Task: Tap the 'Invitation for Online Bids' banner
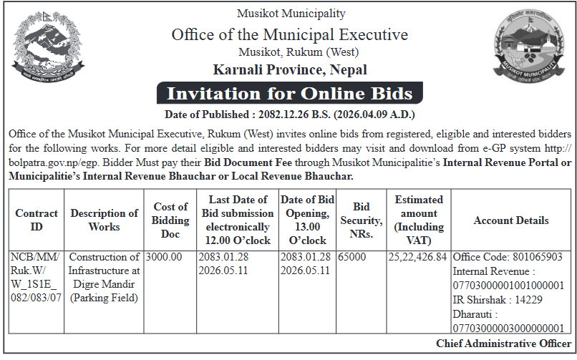(289, 94)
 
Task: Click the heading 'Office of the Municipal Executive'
(289, 34)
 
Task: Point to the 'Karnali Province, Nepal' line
(289, 69)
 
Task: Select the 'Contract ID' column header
(37, 220)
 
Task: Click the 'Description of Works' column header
(104, 220)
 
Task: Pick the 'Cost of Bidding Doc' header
(170, 220)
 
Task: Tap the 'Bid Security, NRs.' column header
(360, 220)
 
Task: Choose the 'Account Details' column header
(511, 220)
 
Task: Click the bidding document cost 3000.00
(164, 257)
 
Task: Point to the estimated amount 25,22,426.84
(417, 257)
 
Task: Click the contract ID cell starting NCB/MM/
(37, 277)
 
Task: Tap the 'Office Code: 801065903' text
(508, 257)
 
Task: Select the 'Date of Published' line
(289, 115)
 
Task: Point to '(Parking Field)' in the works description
(104, 298)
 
